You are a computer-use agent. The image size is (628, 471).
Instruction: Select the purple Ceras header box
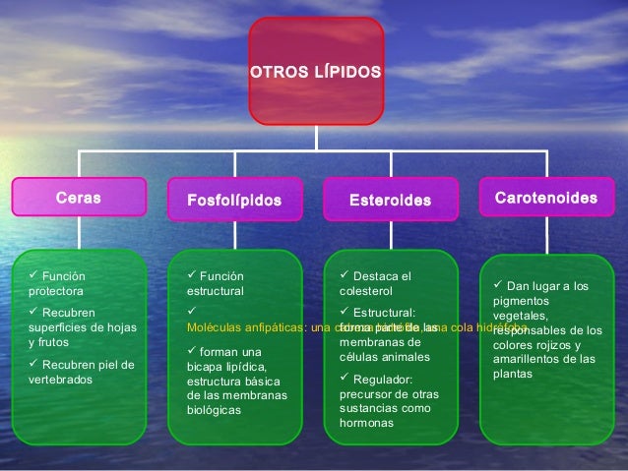click(78, 198)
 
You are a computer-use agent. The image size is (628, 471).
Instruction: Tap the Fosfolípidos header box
click(234, 201)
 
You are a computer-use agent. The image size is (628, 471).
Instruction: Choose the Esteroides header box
click(391, 201)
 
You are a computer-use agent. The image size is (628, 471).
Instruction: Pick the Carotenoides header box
click(546, 199)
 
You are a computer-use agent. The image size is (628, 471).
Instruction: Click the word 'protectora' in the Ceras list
click(56, 291)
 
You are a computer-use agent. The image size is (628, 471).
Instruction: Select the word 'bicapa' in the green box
click(206, 368)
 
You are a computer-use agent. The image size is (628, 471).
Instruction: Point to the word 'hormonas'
click(366, 423)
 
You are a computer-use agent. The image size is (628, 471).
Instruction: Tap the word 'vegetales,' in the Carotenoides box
click(524, 316)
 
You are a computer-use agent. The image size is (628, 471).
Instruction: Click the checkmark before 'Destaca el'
click(344, 275)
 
